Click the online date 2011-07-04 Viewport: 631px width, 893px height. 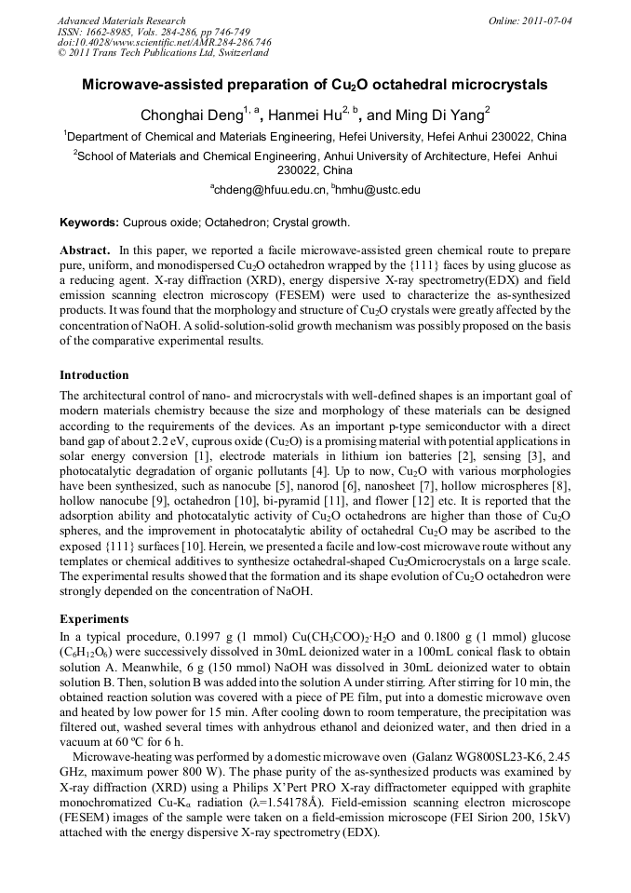coord(547,20)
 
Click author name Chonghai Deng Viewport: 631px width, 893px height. coord(190,116)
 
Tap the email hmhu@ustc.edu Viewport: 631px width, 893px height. coord(380,190)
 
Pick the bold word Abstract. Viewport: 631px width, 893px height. coord(85,251)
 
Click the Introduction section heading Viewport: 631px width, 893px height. coord(94,375)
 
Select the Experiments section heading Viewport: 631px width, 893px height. coord(93,618)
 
